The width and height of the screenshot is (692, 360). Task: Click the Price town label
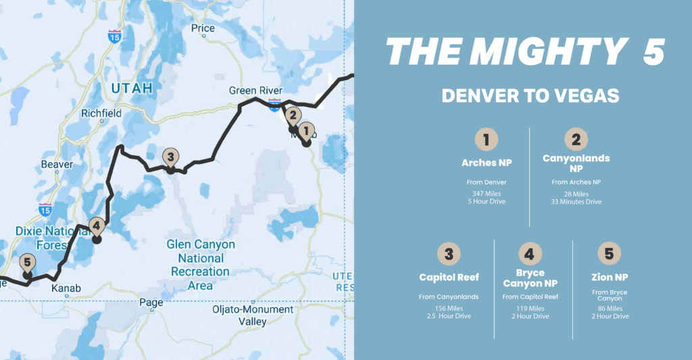tap(203, 28)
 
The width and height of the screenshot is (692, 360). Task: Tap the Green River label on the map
tap(255, 91)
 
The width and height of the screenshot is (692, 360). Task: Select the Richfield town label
tap(101, 113)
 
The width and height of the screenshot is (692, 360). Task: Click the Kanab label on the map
tap(66, 288)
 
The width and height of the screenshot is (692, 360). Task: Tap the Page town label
tap(151, 303)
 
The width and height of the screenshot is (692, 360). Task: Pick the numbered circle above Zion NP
tap(609, 254)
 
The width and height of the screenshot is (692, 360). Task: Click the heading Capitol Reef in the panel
tap(449, 278)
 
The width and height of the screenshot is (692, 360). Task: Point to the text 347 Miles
tap(486, 193)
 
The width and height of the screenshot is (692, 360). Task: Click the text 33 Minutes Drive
tap(576, 201)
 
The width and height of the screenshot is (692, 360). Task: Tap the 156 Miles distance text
tap(449, 308)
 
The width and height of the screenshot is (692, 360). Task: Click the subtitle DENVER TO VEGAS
tap(530, 96)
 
